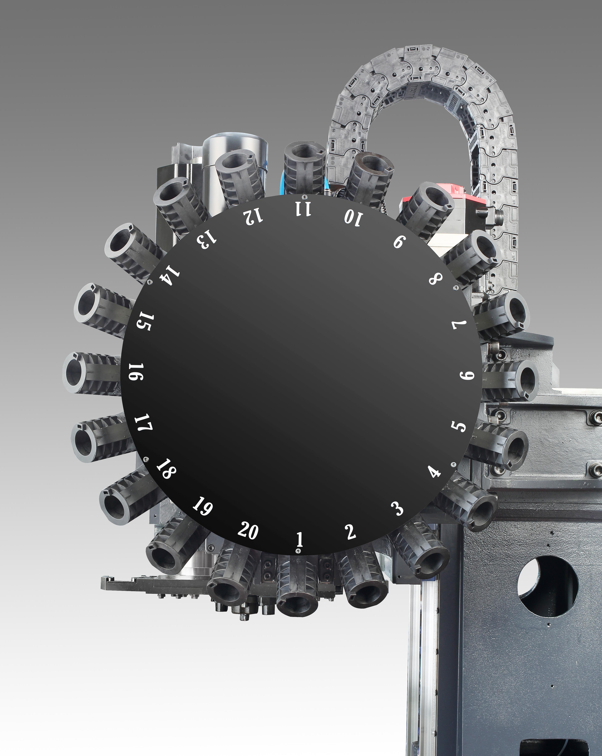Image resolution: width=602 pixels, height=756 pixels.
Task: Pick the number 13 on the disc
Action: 207,239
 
